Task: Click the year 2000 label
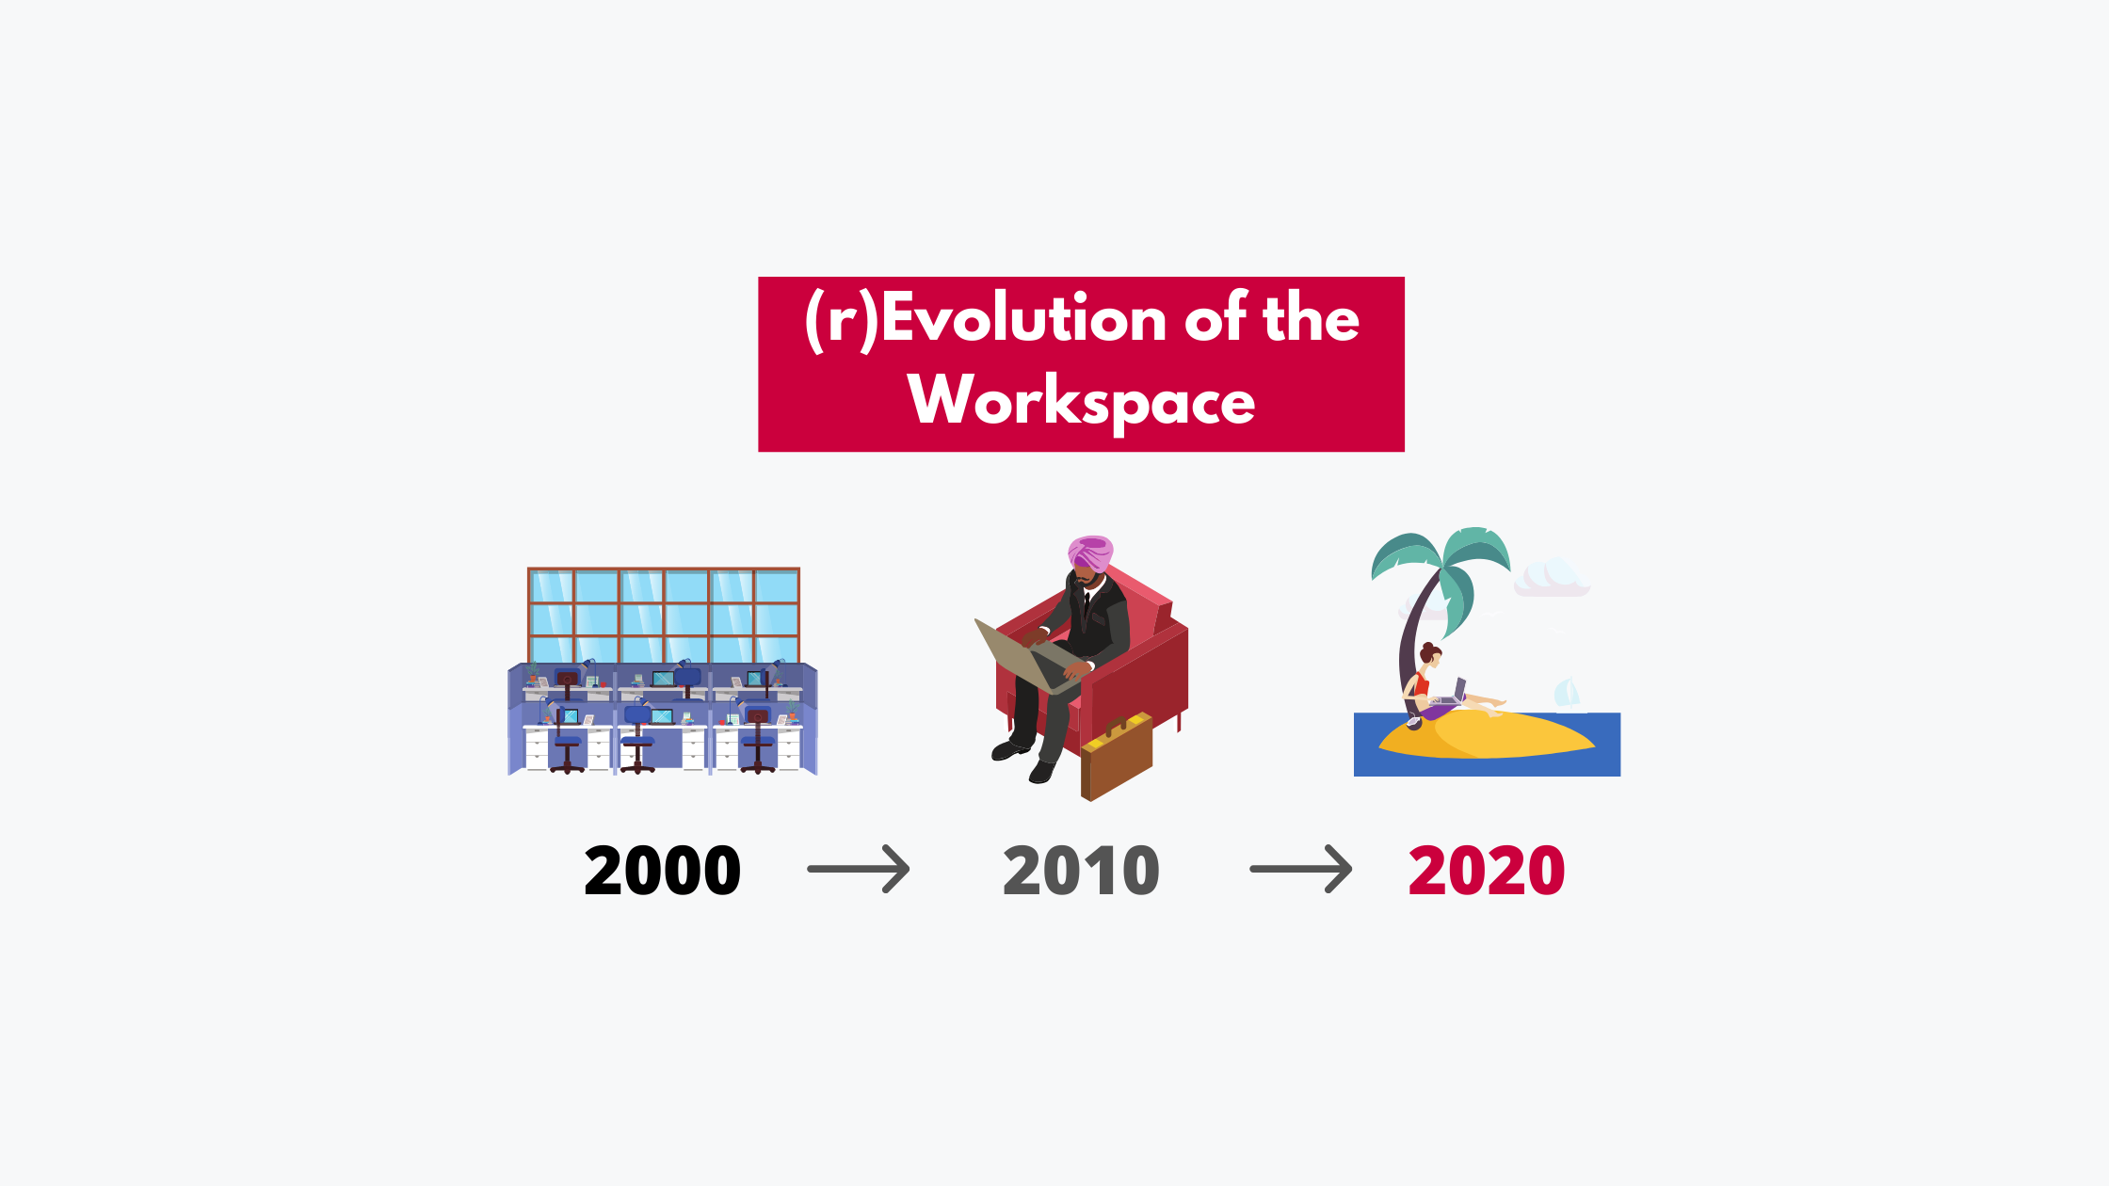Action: tap(662, 871)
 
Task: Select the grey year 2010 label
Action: tap(1081, 871)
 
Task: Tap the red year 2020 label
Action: tap(1487, 871)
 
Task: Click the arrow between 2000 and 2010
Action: tap(859, 869)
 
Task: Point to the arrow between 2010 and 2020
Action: tap(1300, 869)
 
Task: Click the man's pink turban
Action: tap(1090, 553)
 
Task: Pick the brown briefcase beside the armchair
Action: tap(1117, 758)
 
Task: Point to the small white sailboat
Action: tap(1567, 694)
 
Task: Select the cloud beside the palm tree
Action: tap(1552, 577)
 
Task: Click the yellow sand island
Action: tap(1488, 735)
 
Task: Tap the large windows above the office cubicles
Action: tap(663, 616)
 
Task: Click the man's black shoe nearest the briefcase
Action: tap(1042, 771)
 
